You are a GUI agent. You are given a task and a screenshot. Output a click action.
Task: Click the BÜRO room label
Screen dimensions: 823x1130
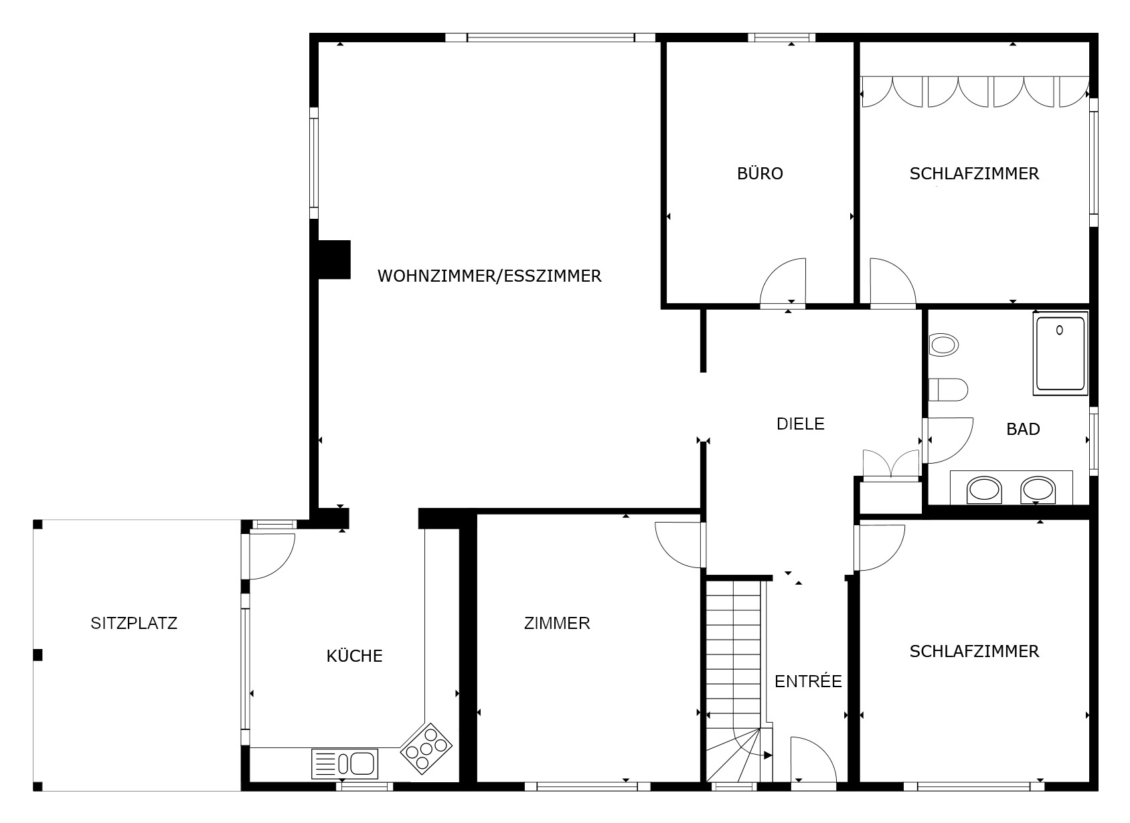(x=760, y=174)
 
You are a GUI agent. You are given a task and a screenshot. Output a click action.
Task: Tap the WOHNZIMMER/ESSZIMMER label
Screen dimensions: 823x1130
(x=489, y=276)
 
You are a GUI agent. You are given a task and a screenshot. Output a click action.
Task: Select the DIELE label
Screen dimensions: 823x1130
(x=800, y=424)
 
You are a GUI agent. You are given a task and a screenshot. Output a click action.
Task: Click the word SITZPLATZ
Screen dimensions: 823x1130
(x=134, y=623)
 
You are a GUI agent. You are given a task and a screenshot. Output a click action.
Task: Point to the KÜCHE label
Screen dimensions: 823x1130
(x=354, y=656)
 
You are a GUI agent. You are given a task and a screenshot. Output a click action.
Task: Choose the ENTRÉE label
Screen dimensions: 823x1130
(x=808, y=682)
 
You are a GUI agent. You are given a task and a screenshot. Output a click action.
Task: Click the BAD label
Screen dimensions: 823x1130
(x=1023, y=429)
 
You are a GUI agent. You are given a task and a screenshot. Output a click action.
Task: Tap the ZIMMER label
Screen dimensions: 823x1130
(x=557, y=623)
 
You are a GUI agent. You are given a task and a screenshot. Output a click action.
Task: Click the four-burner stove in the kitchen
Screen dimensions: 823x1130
(x=425, y=749)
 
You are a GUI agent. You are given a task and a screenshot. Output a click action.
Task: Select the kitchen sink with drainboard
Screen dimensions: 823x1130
(x=345, y=763)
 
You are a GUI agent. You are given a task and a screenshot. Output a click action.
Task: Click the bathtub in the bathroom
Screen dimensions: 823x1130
(x=1060, y=353)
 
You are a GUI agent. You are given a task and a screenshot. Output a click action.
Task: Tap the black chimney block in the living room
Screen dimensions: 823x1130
(x=334, y=260)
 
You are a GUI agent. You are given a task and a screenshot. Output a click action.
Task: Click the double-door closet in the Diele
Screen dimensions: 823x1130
(x=890, y=466)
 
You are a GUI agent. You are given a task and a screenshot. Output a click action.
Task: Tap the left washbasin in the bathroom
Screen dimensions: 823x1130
(x=983, y=489)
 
